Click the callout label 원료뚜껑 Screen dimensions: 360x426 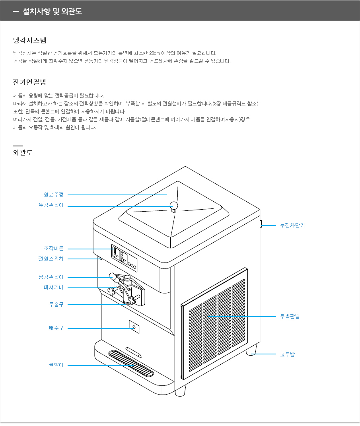tap(54, 195)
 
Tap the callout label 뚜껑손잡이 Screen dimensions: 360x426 tap(51, 205)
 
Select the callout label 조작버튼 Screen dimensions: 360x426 tap(54, 248)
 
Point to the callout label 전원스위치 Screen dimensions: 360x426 tap(51, 259)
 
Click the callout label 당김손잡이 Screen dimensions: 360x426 tap(51, 277)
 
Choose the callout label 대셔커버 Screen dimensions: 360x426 tap(54, 287)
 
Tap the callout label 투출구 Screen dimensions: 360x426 tap(56, 305)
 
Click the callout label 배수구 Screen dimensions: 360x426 tap(56, 328)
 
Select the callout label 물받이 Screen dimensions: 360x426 tap(56, 365)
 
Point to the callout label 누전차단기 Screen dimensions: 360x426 tap(292, 225)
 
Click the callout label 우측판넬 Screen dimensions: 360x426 tap(290, 317)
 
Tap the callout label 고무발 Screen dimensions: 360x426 tap(288, 354)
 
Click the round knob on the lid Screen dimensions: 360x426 tap(173, 206)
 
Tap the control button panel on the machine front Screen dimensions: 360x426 tap(124, 258)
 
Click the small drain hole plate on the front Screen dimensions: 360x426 tap(134, 327)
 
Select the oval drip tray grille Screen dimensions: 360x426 tap(131, 363)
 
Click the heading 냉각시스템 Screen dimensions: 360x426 tap(29, 41)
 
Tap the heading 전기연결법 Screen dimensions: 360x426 tap(29, 82)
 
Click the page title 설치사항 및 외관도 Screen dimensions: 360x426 tap(53, 11)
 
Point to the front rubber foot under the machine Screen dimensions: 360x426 tap(181, 391)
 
